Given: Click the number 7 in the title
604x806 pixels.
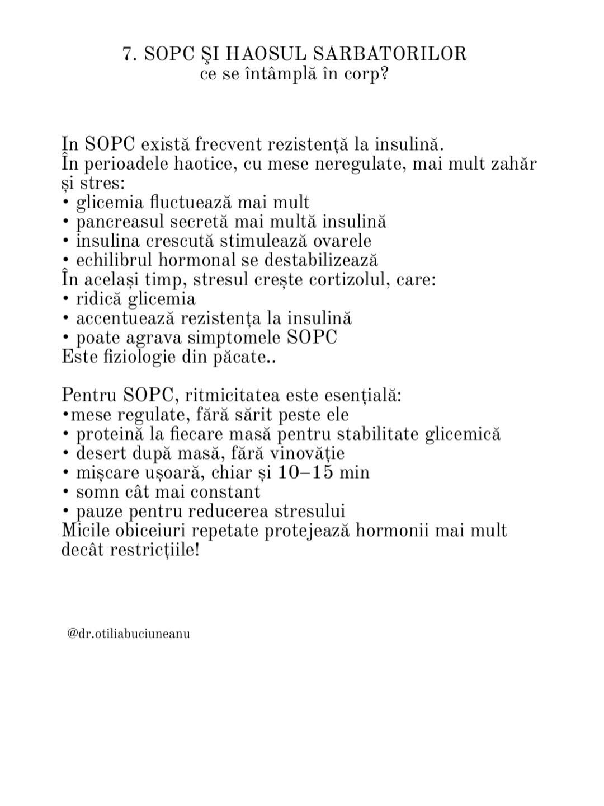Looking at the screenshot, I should (128, 54).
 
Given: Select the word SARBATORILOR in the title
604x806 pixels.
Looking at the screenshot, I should (389, 54).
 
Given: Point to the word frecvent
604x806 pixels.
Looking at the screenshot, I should (229, 144).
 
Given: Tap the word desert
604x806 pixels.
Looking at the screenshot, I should (101, 453).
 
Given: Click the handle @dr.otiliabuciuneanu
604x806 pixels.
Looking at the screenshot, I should (129, 634).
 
